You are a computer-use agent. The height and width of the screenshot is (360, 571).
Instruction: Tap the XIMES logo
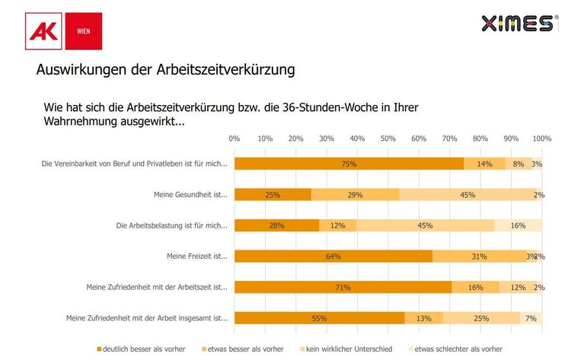click(x=517, y=24)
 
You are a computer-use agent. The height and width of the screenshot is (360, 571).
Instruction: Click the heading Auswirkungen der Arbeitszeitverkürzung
click(x=165, y=70)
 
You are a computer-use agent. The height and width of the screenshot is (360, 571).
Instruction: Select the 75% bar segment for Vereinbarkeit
click(x=349, y=164)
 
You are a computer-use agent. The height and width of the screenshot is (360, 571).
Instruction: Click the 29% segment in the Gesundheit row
click(x=355, y=194)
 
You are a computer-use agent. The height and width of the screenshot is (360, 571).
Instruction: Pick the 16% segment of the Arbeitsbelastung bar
click(x=518, y=225)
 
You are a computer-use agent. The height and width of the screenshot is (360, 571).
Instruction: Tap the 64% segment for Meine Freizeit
click(x=333, y=256)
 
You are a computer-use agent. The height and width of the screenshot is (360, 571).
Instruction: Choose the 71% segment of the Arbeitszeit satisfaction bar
click(x=343, y=287)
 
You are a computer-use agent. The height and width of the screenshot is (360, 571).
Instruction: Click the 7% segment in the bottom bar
click(x=531, y=318)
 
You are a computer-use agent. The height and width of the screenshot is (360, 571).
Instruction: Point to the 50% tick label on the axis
click(x=388, y=139)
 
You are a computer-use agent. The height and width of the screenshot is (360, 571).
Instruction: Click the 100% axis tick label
click(x=541, y=139)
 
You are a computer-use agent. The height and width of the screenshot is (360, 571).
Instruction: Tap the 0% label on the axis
click(x=234, y=139)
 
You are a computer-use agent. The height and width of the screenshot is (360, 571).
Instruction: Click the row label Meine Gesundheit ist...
click(x=190, y=195)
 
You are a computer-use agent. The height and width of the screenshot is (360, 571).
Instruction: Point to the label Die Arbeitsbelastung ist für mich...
click(x=171, y=225)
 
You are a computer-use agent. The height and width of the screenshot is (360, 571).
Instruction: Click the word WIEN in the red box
click(x=84, y=31)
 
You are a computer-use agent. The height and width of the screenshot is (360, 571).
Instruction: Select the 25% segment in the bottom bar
click(x=481, y=318)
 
